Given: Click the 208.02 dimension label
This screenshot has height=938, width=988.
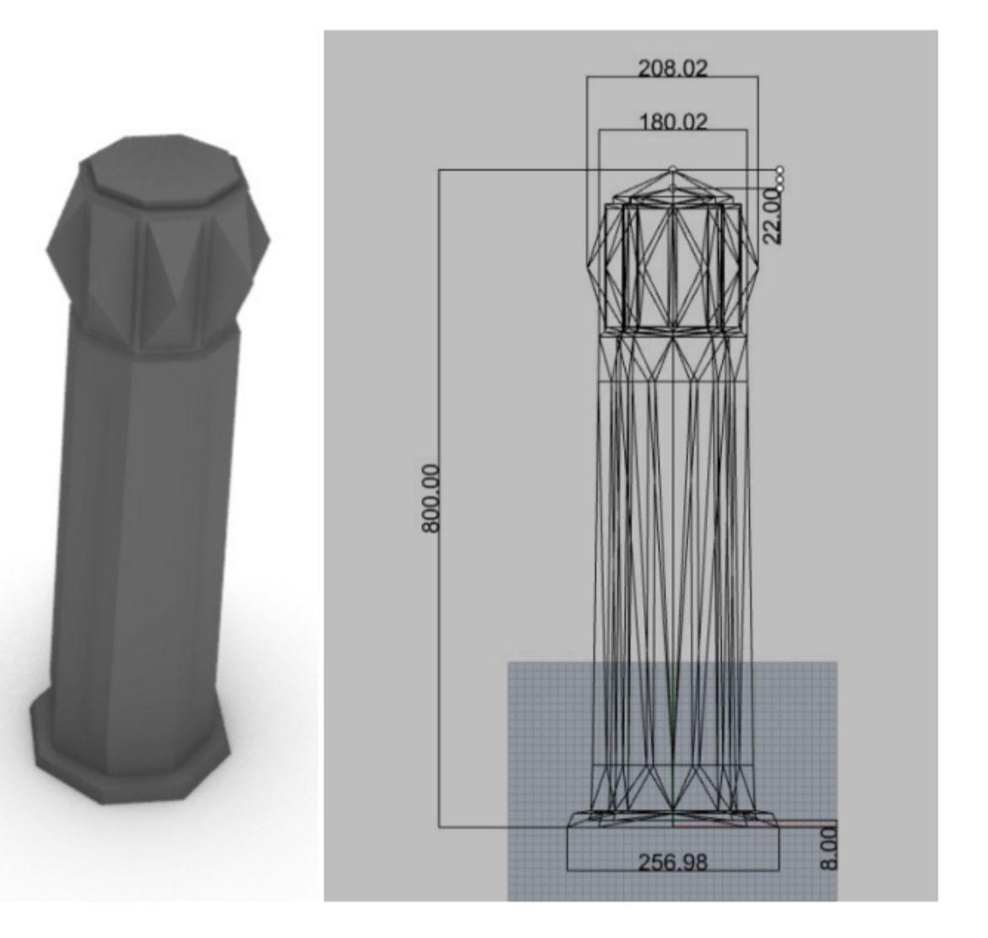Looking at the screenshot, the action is pos(673,68).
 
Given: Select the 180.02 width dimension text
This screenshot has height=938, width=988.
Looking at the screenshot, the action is pos(673,122).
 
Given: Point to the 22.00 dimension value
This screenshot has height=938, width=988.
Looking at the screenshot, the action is pos(774,217).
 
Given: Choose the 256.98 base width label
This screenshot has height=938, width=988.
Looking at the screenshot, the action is pos(673,862).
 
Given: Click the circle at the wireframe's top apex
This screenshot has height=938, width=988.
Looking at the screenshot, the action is pos(673,169).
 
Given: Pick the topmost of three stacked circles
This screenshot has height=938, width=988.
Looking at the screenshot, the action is pos(780,170).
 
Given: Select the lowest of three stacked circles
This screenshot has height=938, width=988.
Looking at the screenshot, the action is pos(780,188).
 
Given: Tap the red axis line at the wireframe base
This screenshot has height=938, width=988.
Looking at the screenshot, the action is pos(755,825).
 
